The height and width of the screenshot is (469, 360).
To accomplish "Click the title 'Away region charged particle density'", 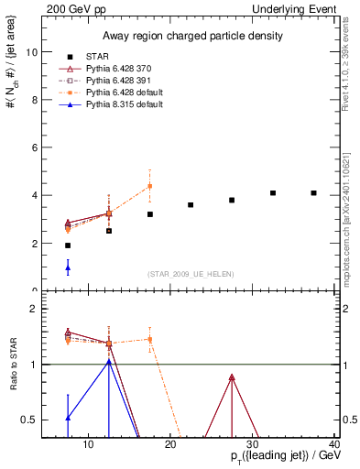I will [x=189, y=36].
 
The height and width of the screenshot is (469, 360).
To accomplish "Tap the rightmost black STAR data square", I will [x=314, y=193].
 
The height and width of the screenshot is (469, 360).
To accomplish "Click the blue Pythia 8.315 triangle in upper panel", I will [x=68, y=267].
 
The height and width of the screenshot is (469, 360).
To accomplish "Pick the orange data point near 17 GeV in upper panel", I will [x=150, y=186].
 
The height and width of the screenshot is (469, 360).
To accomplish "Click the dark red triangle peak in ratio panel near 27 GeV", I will [x=232, y=377].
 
